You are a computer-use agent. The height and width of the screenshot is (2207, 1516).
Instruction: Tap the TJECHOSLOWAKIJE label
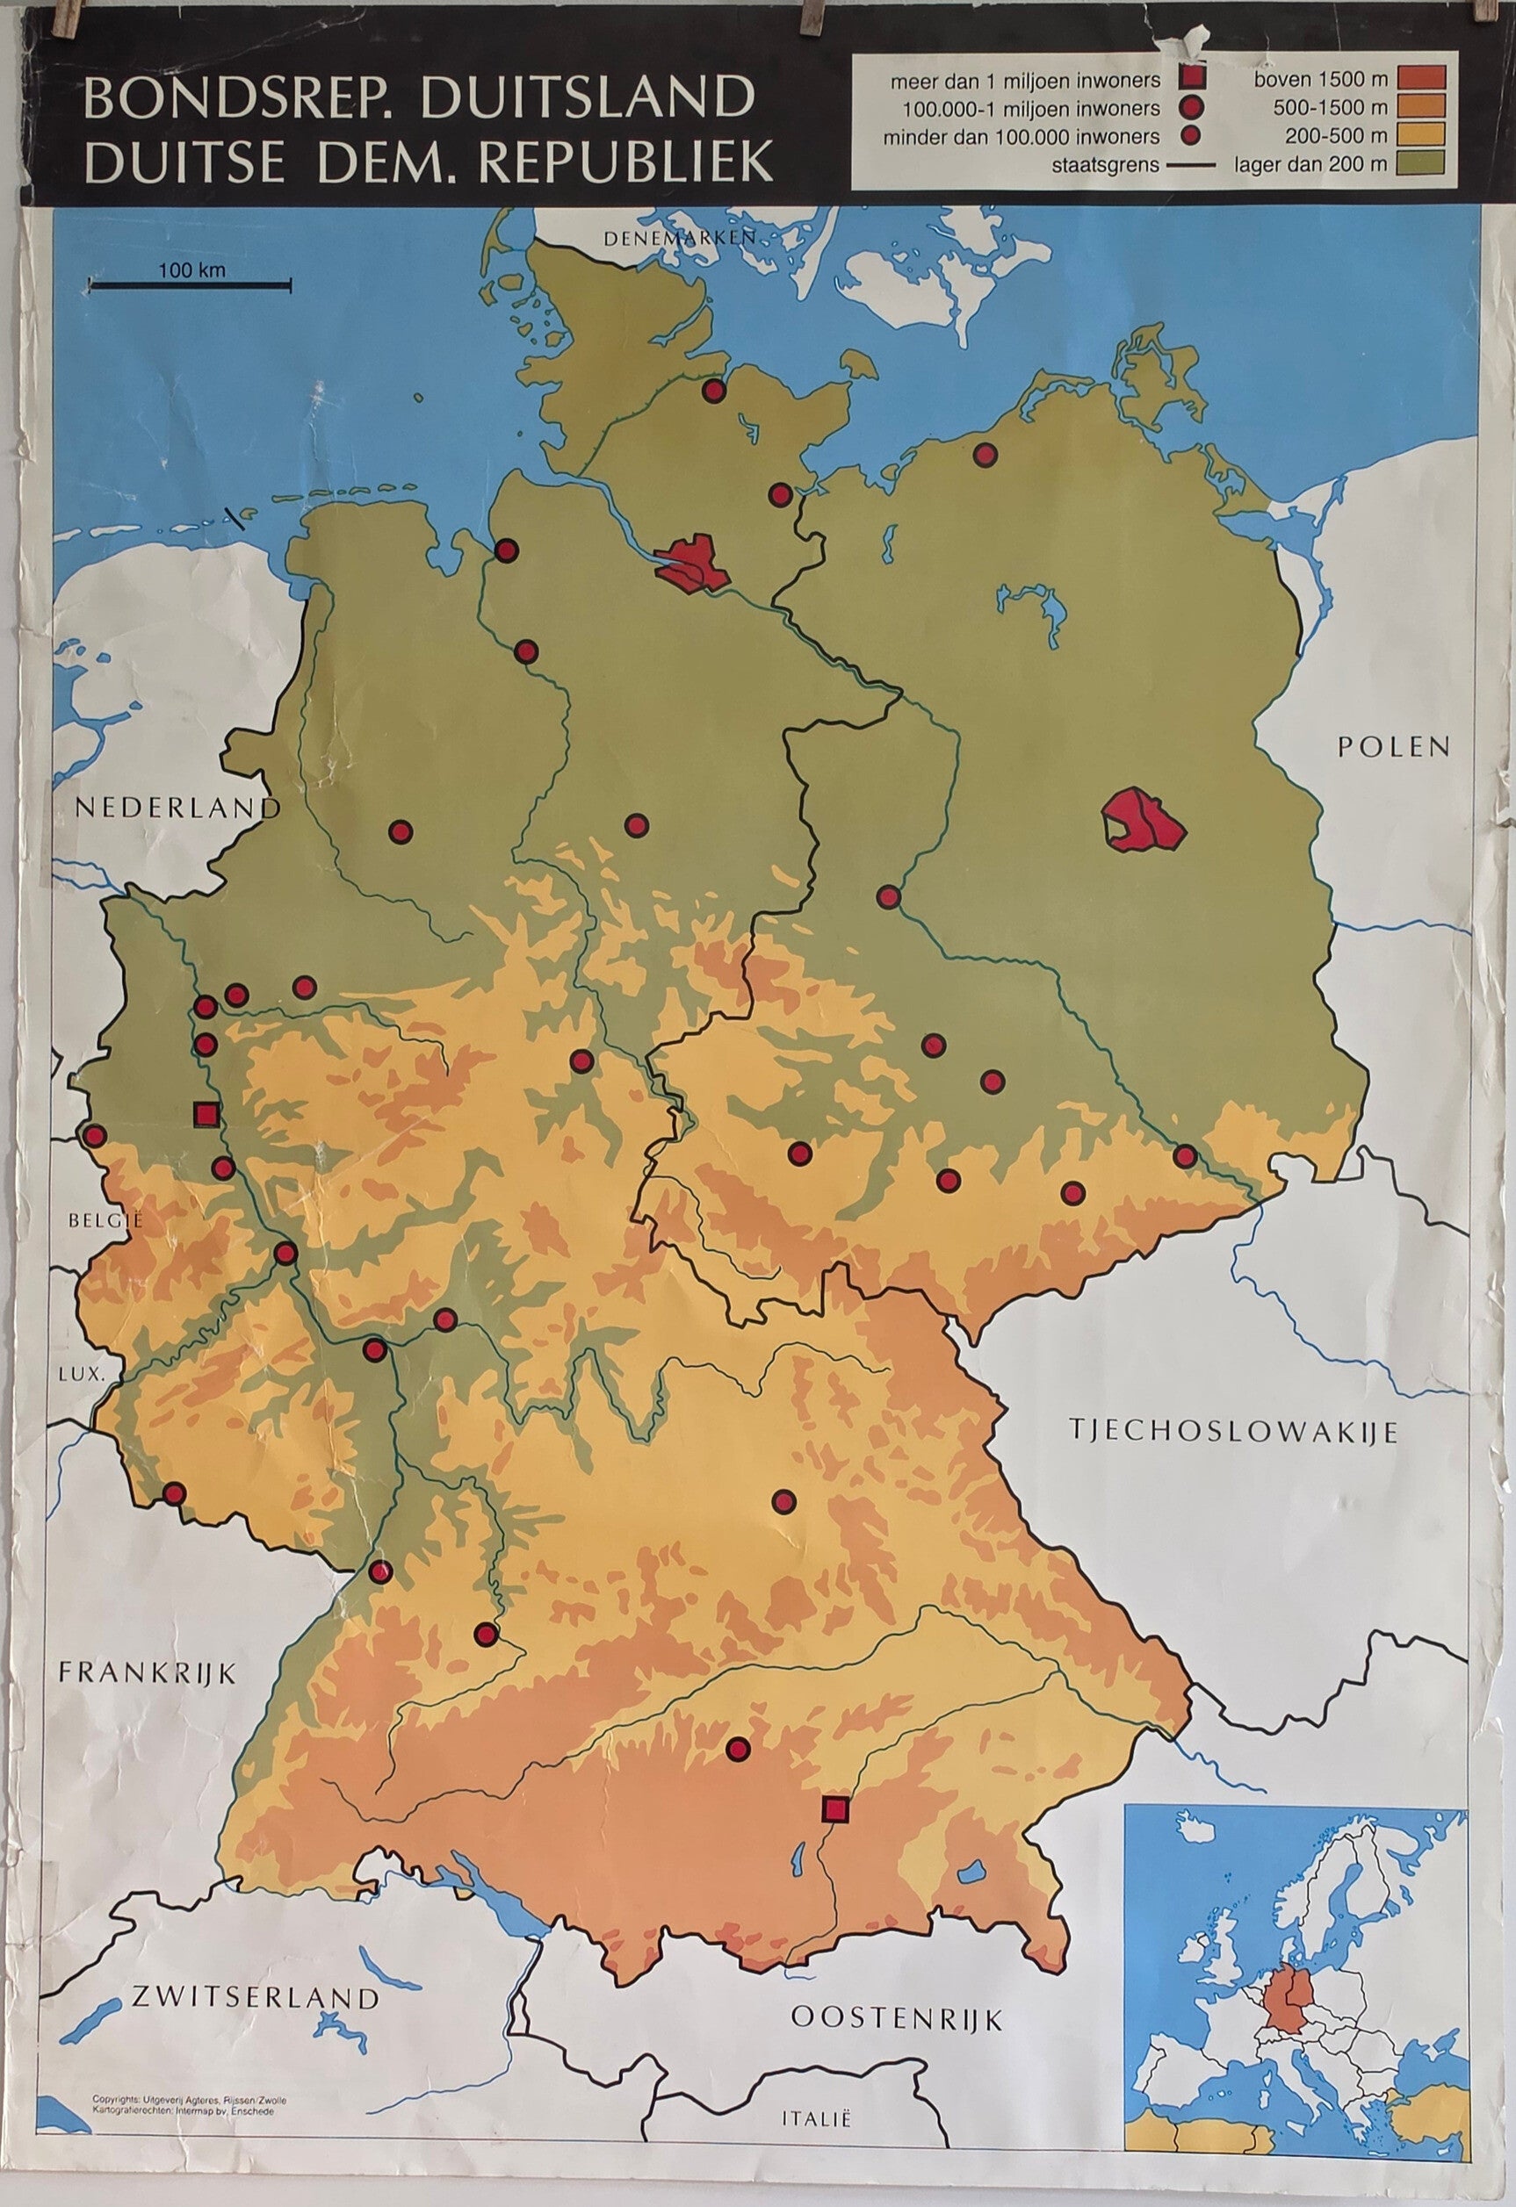click(x=1234, y=1432)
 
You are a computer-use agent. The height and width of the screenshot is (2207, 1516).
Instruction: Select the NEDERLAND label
click(x=177, y=809)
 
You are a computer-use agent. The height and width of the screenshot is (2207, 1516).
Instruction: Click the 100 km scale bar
click(x=190, y=282)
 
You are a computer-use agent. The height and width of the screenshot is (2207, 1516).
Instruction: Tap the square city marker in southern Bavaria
click(x=835, y=1809)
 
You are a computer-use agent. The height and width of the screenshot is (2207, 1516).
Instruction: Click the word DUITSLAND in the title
click(x=588, y=100)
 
